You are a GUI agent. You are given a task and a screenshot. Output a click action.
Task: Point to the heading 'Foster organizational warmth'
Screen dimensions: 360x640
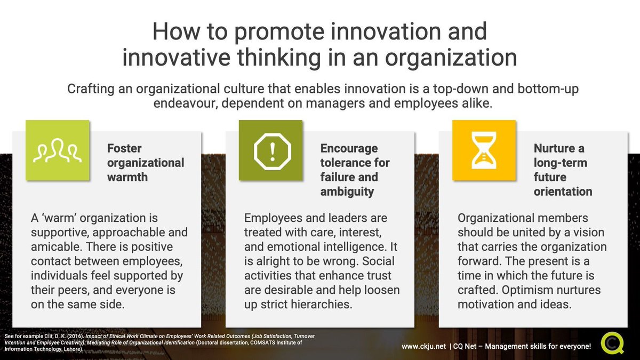click(145, 162)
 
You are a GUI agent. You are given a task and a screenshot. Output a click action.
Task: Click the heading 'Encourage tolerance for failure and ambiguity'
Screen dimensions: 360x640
click(355, 170)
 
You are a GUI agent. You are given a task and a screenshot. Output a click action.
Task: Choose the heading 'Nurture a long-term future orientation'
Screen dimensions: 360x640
click(563, 170)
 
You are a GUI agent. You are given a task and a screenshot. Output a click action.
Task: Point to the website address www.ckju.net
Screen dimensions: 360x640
click(424, 347)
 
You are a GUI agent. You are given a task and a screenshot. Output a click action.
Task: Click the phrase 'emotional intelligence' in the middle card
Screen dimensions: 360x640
click(318, 247)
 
